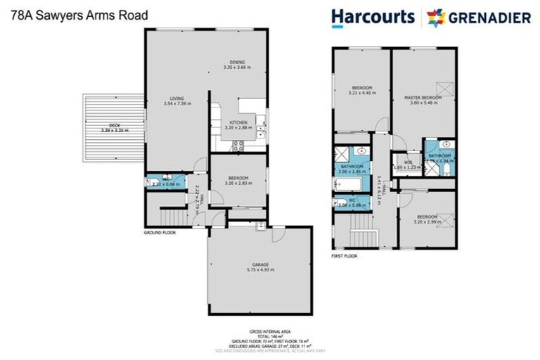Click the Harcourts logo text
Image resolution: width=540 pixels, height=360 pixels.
[x=372, y=17]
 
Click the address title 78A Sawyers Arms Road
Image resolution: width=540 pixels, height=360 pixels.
[x=60, y=14]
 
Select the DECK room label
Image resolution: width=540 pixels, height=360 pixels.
[x=106, y=127]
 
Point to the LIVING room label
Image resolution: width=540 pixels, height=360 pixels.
[x=177, y=98]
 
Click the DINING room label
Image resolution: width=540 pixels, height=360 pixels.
[x=236, y=62]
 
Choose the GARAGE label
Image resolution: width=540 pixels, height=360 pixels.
[x=259, y=264]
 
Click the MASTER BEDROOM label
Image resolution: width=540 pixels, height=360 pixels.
[x=423, y=97]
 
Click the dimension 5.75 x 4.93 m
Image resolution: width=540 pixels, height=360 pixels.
[x=259, y=269]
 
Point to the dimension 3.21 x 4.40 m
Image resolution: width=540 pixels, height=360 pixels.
[x=361, y=94]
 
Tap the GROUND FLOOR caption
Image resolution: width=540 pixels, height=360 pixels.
[x=159, y=231]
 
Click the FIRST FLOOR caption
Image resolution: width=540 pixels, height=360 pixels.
[x=345, y=257]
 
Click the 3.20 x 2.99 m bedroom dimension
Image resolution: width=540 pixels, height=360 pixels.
[x=427, y=221]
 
